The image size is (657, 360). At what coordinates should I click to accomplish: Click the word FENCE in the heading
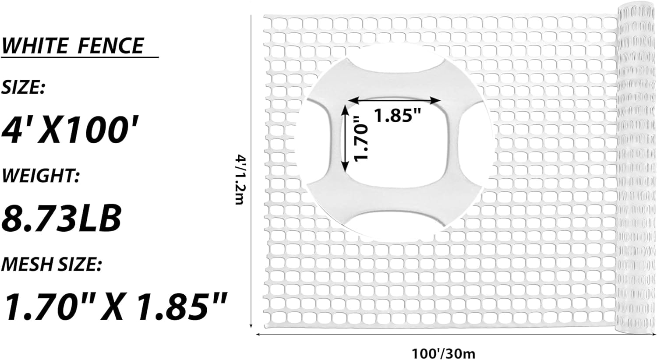[x=110, y=46]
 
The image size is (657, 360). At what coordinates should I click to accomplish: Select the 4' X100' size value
[x=70, y=130]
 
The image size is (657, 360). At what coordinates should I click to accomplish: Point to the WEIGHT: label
[x=41, y=176]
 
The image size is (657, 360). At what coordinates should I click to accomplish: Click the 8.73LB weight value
[x=61, y=218]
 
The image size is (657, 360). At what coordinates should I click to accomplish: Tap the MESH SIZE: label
[x=52, y=265]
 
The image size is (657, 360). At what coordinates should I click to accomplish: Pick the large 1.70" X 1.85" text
[x=115, y=306]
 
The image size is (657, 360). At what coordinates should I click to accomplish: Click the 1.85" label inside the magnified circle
[x=397, y=115]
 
